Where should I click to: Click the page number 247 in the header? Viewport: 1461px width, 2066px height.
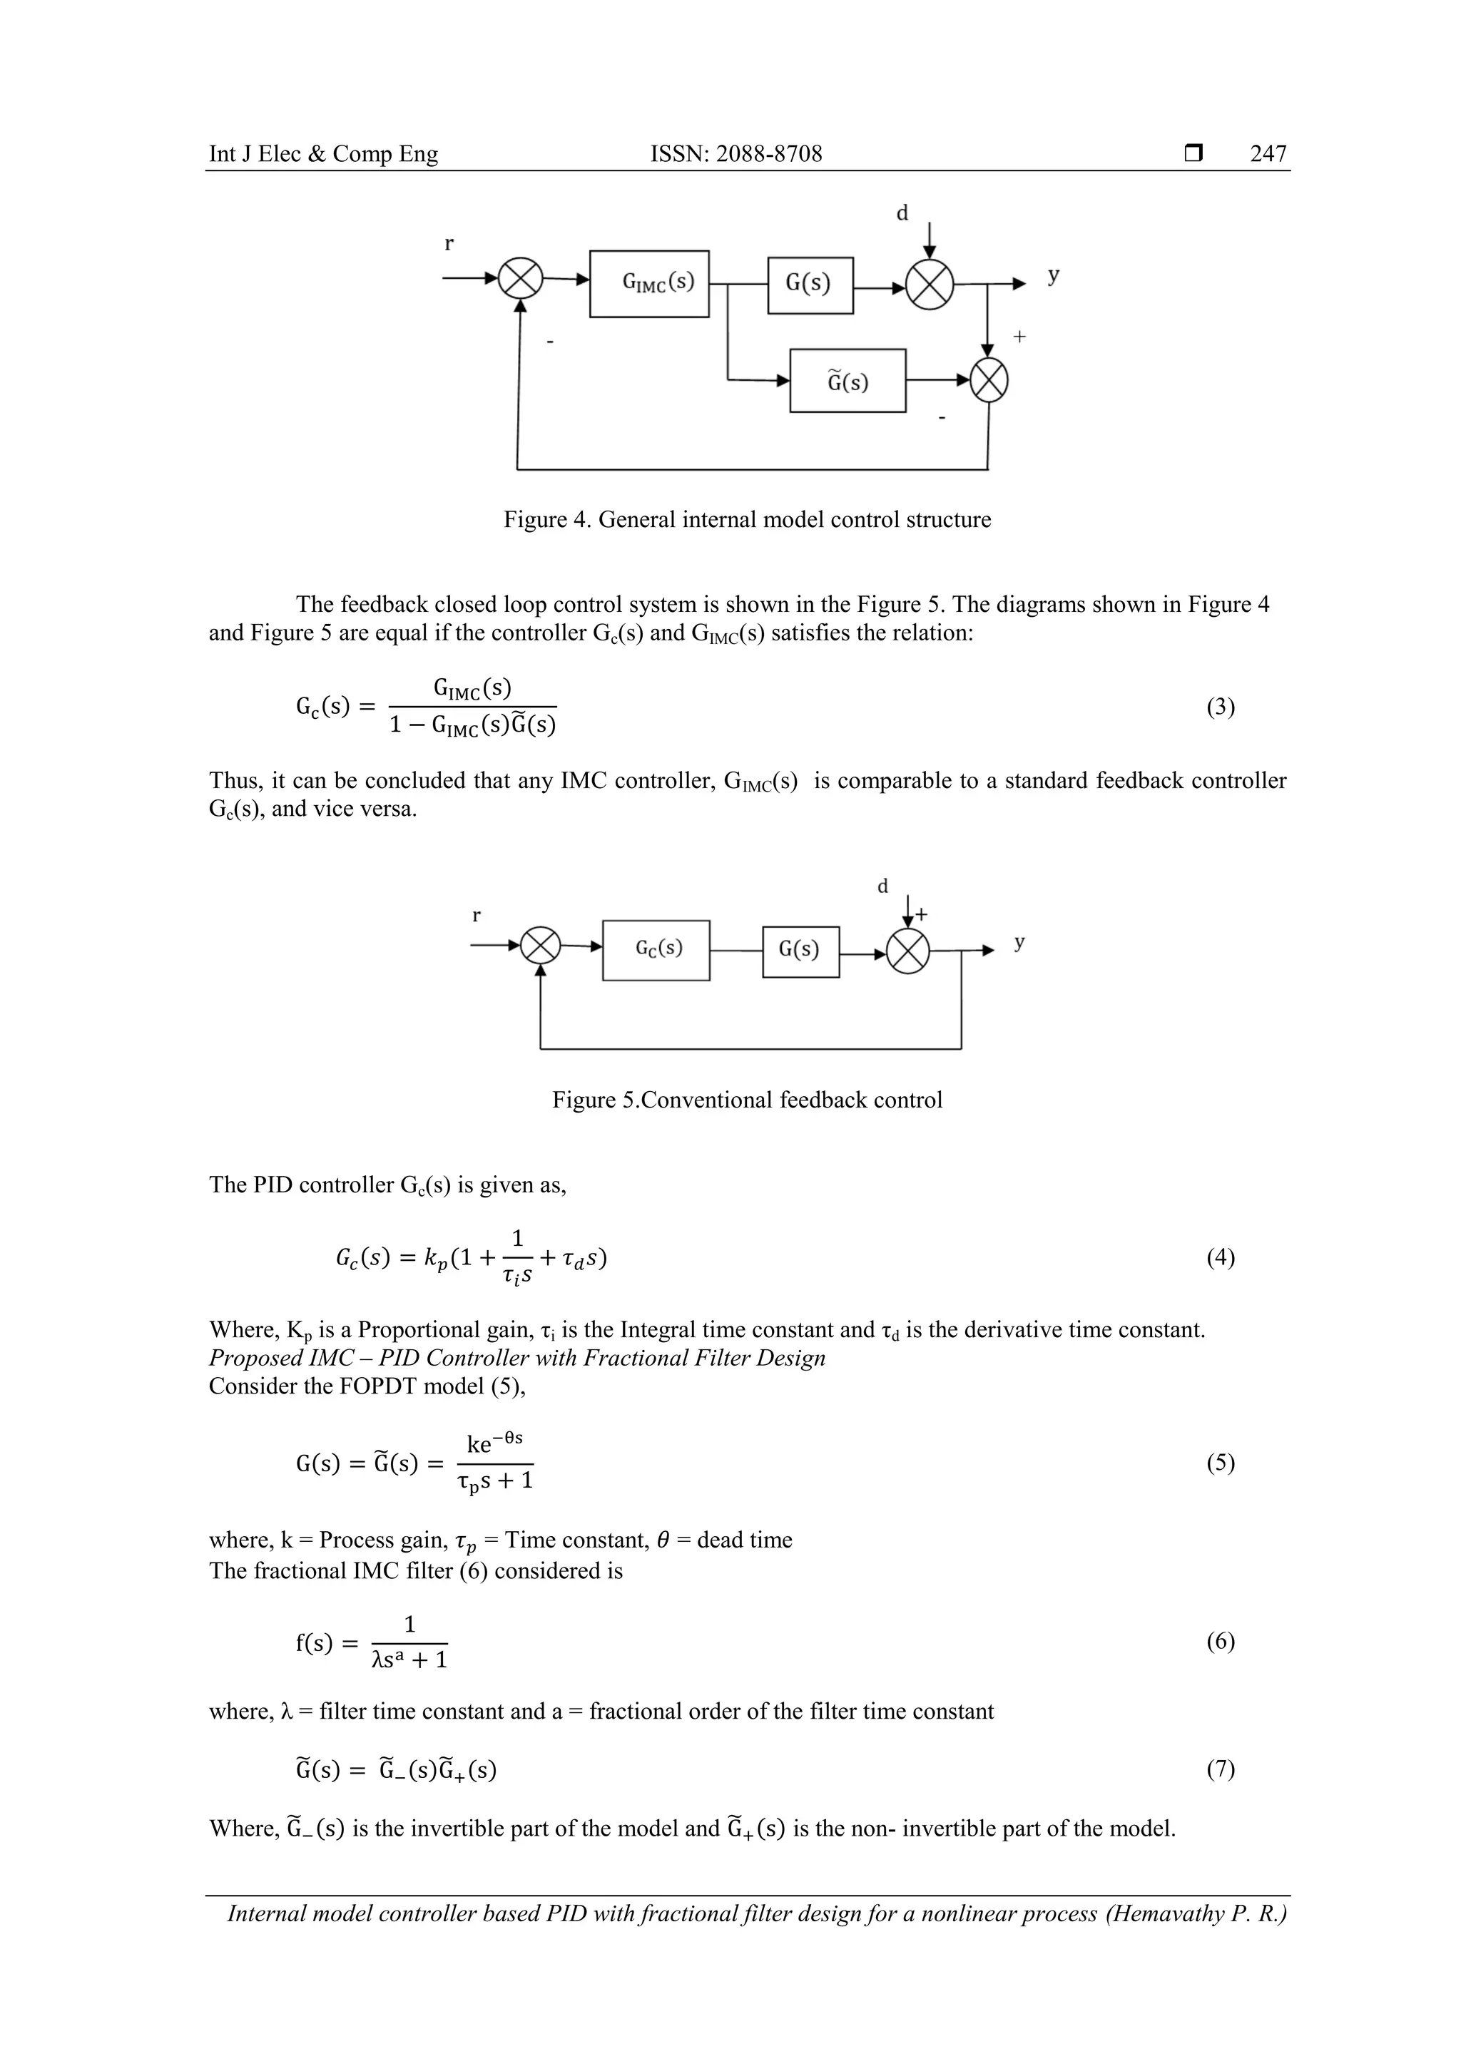[1268, 154]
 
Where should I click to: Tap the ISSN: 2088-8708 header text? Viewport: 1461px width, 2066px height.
[735, 154]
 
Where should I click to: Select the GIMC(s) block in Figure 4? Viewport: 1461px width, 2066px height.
[649, 283]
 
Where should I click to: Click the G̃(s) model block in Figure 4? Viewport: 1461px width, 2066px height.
[847, 381]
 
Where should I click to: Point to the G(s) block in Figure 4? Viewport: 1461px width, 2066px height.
[809, 285]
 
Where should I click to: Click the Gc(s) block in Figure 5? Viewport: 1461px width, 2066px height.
[656, 949]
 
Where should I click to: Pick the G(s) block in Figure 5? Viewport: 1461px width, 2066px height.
[800, 950]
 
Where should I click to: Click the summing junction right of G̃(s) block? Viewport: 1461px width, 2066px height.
[989, 381]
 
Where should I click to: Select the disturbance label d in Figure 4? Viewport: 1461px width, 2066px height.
[902, 213]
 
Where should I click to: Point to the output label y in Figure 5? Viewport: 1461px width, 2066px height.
[1019, 942]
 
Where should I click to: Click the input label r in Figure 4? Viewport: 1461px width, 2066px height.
[449, 243]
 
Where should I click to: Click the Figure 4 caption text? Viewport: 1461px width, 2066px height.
[747, 520]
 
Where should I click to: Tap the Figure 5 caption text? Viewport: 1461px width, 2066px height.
[747, 1100]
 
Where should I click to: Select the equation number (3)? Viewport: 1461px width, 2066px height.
[1220, 707]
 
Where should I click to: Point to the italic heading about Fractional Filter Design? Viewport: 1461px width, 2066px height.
[516, 1358]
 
